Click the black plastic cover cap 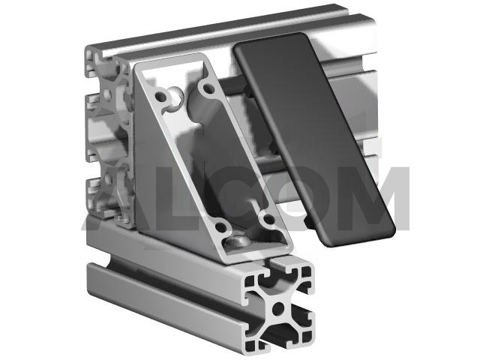tap(313, 138)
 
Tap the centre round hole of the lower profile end tap(278, 308)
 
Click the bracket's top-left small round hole tap(161, 96)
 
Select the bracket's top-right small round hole tap(208, 88)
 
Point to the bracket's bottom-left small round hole tap(220, 226)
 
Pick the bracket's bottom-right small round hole tap(268, 218)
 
